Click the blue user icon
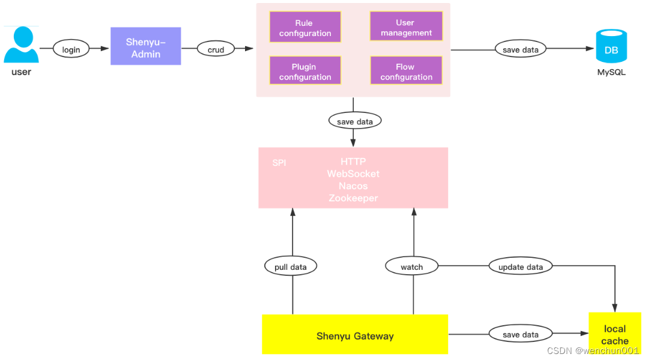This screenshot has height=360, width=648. pos(21,46)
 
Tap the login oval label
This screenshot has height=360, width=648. pos(71,49)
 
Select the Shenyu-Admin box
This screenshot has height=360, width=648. pos(146,47)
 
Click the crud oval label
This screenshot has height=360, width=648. pos(216,50)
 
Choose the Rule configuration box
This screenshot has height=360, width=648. pos(305,28)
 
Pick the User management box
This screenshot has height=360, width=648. pos(406,28)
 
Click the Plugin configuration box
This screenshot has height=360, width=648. pos(305,72)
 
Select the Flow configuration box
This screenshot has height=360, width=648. pos(406,72)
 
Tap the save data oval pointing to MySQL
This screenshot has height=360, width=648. pos(520,49)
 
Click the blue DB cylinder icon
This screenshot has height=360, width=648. pos(611,47)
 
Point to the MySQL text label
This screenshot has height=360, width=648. pos(611,73)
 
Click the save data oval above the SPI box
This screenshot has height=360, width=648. pos(355,121)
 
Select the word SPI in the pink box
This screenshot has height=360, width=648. pos(279,163)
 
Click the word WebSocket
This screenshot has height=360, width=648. pos(353,174)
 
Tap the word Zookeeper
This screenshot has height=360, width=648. pos(353,198)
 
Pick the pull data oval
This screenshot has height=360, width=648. pos(291,267)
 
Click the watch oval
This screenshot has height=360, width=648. pos(411,267)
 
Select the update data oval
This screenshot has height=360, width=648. pos(520,267)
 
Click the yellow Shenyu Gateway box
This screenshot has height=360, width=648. pos(355,335)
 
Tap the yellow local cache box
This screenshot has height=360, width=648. pos(614,334)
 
